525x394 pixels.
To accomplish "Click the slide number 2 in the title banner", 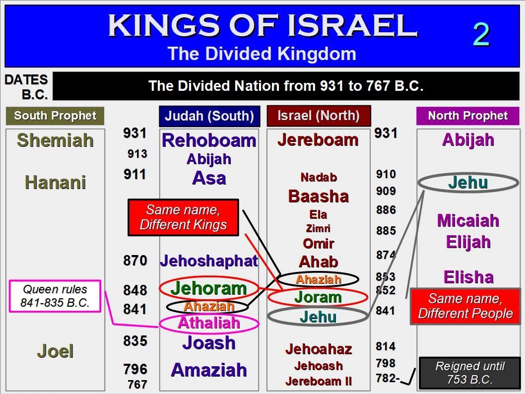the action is coord(481,34).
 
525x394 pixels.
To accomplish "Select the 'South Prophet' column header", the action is coord(55,116).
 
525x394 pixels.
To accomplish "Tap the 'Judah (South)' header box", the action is coord(209,116).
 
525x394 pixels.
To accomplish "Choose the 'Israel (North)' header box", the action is coord(319,116).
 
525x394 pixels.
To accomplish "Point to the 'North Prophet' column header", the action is coord(468,116).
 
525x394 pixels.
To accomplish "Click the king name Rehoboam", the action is coord(209,140).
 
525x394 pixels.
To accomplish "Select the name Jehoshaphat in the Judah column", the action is coord(209,261).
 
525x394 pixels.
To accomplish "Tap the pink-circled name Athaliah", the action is coord(209,323).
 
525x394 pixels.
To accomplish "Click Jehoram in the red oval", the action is coord(209,289).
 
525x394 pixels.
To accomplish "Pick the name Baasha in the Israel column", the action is coord(319,196).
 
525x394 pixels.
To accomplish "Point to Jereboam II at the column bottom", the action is coord(319,381).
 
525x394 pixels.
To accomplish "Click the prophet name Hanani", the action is coord(55,183).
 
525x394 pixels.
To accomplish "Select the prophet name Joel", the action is coord(55,351).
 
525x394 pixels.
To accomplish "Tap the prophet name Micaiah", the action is coord(468,221).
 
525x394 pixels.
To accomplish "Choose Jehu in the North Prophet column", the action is coord(468,183).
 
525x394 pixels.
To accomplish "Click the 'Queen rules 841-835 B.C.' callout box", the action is coord(55,296).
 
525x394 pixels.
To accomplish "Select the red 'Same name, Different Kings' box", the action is coord(183,217).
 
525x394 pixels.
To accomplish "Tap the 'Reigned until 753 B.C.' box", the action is coord(470,373).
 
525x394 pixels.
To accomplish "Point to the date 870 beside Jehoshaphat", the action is coord(135,261).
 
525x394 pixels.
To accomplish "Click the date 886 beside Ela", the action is coord(386,210).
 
